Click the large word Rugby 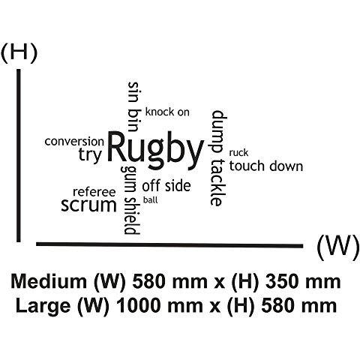tap(155, 151)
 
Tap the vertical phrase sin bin tap(133, 106)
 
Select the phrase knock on tap(167, 112)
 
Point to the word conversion tap(74, 142)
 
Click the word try tap(90, 155)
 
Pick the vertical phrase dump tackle tap(219, 158)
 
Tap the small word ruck tap(238, 152)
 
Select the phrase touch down tap(266, 166)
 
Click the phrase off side tap(166, 185)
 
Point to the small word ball tap(151, 200)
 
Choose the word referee tap(94, 192)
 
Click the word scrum tap(88, 205)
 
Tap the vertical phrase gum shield tap(130, 200)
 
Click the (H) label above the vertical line tap(19, 52)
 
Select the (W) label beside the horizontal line tap(337, 247)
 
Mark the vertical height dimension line tap(19, 155)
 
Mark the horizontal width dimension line tap(169, 244)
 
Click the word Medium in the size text tap(49, 281)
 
